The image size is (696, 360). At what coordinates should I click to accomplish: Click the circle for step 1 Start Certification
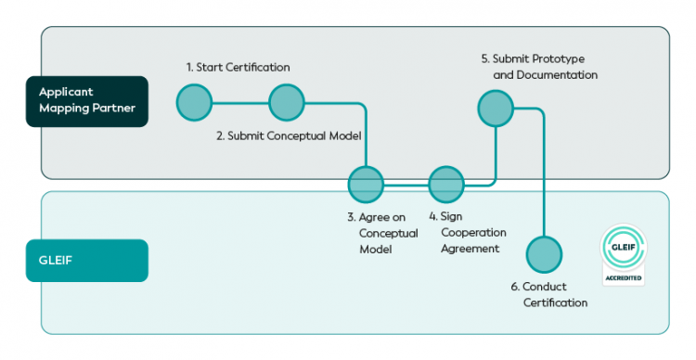click(x=195, y=103)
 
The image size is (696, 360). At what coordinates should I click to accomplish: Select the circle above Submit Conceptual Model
click(x=287, y=103)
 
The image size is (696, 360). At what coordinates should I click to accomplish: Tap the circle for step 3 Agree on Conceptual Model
click(x=366, y=185)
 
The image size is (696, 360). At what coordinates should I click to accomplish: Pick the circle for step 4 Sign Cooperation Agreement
click(x=446, y=185)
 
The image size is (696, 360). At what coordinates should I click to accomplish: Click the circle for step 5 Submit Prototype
click(x=496, y=109)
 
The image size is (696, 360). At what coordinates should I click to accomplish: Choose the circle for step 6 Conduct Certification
click(x=544, y=254)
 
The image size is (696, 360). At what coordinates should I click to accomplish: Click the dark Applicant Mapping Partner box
click(x=87, y=101)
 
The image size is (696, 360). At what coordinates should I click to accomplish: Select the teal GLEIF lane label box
click(x=87, y=261)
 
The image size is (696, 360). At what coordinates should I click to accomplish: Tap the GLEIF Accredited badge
click(x=624, y=254)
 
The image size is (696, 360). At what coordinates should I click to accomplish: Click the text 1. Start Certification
click(x=238, y=67)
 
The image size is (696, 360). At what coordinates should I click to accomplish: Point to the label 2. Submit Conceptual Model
click(x=289, y=135)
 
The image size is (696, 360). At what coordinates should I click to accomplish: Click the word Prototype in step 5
click(x=559, y=59)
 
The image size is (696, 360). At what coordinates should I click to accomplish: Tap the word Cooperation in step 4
click(x=473, y=233)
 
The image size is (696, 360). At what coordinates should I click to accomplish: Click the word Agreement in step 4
click(x=470, y=249)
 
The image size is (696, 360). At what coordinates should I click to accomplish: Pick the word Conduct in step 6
click(x=545, y=287)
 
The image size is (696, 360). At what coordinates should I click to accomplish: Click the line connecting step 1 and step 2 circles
click(x=240, y=103)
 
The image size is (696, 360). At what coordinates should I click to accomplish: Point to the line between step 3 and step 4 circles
click(x=406, y=185)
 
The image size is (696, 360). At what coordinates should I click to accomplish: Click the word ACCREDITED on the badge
click(x=624, y=277)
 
